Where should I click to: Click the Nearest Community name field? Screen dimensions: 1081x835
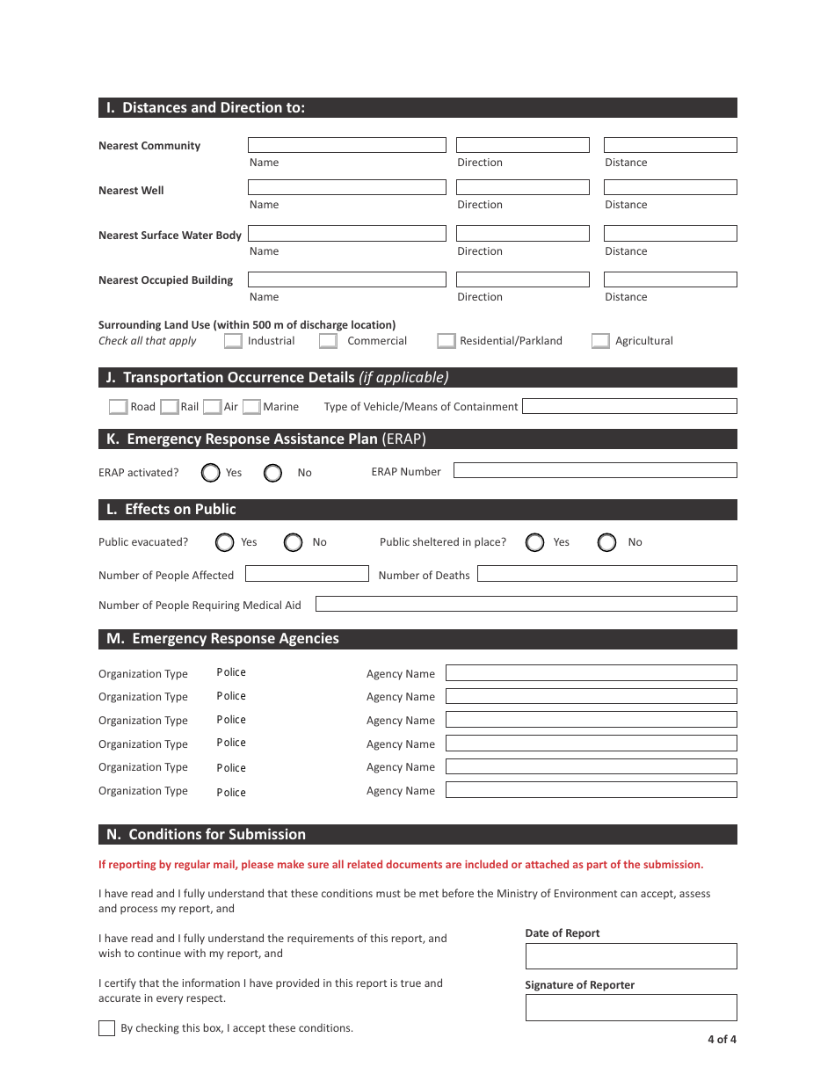pyautogui.click(x=346, y=145)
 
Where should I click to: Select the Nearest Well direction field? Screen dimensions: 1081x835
pyautogui.click(x=522, y=187)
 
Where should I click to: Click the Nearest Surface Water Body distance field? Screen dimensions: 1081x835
pyautogui.click(x=670, y=234)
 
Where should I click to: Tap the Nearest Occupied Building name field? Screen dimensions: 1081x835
pyautogui.click(x=346, y=279)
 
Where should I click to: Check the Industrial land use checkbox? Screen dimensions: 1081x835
pyautogui.click(x=233, y=341)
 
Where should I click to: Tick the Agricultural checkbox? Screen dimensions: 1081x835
pyautogui.click(x=600, y=341)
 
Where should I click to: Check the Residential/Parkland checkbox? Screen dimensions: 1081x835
pyautogui.click(x=447, y=341)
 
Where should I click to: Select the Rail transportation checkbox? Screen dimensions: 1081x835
pyautogui.click(x=170, y=407)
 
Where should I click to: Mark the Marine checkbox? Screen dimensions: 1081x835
pyautogui.click(x=251, y=407)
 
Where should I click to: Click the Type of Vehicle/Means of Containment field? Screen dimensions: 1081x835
pyautogui.click(x=629, y=406)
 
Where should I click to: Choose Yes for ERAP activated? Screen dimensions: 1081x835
pyautogui.click(x=210, y=473)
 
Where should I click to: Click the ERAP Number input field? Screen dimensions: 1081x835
pyautogui.click(x=594, y=471)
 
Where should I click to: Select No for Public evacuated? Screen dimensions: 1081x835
pyautogui.click(x=294, y=543)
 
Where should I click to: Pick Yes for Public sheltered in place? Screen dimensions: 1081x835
pyautogui.click(x=534, y=543)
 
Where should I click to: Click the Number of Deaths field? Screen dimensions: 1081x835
pyautogui.click(x=606, y=574)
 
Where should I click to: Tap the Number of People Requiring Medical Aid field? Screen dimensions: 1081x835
pyautogui.click(x=526, y=605)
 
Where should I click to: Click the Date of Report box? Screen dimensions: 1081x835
pyautogui.click(x=630, y=956)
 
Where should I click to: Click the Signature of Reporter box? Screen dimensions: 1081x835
pyautogui.click(x=630, y=1007)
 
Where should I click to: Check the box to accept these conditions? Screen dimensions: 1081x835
pyautogui.click(x=106, y=1028)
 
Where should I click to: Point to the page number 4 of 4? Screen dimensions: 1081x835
pyautogui.click(x=722, y=1040)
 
